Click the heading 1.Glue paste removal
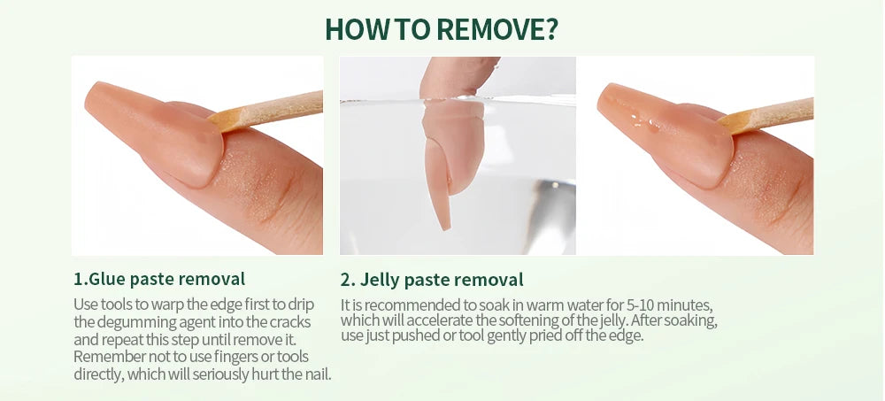(x=159, y=280)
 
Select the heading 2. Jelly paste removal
(x=432, y=280)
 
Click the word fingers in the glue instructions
(x=227, y=356)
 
